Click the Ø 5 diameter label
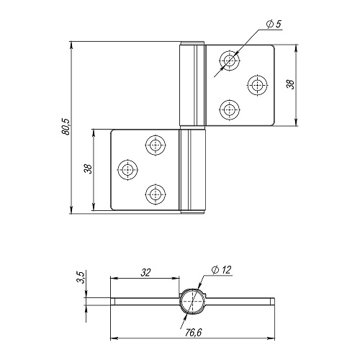click(x=274, y=24)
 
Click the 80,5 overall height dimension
click(x=66, y=127)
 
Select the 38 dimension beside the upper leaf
click(x=291, y=84)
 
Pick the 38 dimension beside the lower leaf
click(x=88, y=168)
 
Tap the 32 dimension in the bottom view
click(x=145, y=273)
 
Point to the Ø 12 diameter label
click(x=221, y=270)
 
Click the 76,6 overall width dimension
click(x=193, y=333)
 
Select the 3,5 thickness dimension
click(x=81, y=277)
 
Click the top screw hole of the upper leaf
click(x=230, y=60)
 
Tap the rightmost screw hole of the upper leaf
click(x=258, y=85)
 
